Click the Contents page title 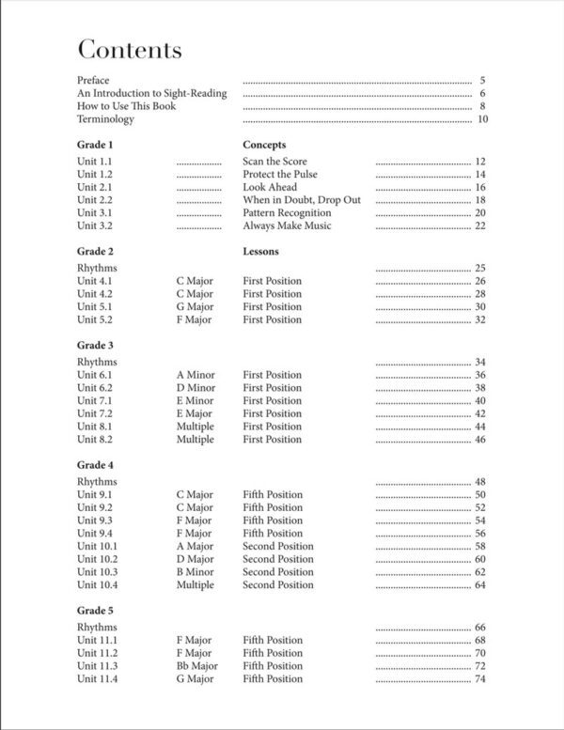click(130, 50)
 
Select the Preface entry click(94, 81)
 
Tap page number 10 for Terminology click(481, 119)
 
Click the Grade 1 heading click(95, 146)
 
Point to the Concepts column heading click(264, 146)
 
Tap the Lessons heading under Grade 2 click(260, 252)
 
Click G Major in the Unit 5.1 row click(195, 306)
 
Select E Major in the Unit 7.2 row click(195, 413)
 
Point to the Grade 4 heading click(95, 465)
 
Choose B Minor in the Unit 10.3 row click(196, 571)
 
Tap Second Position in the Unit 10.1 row click(278, 546)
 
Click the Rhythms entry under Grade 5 click(97, 627)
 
